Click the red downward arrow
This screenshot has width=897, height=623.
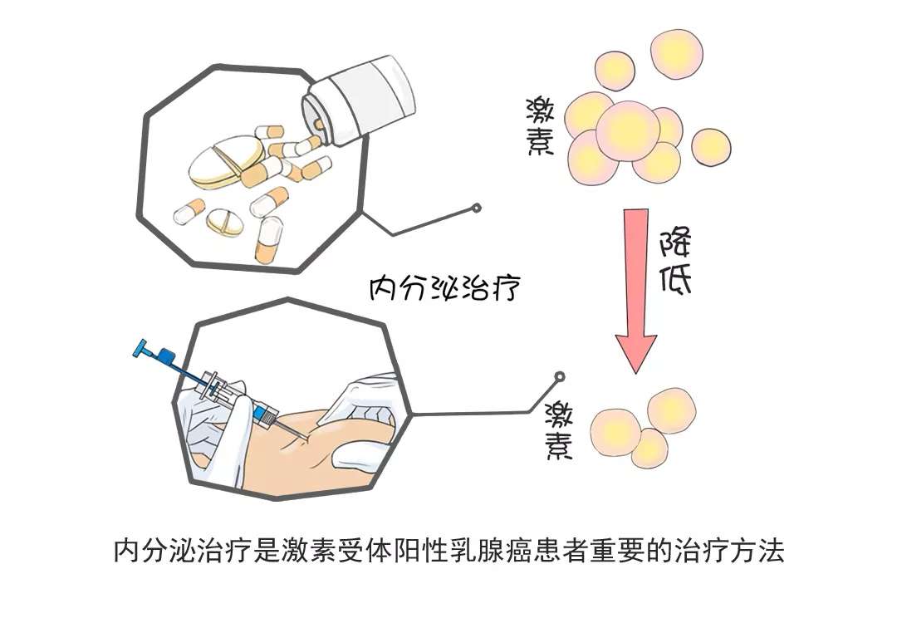635,291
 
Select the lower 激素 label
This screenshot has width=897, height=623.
561,429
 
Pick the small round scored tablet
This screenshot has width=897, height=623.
224,221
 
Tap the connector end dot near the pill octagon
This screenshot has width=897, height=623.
477,208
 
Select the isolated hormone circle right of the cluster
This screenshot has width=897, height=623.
711,147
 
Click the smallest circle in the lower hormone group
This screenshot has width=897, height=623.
649,449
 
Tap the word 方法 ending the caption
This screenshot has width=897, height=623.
762,551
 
